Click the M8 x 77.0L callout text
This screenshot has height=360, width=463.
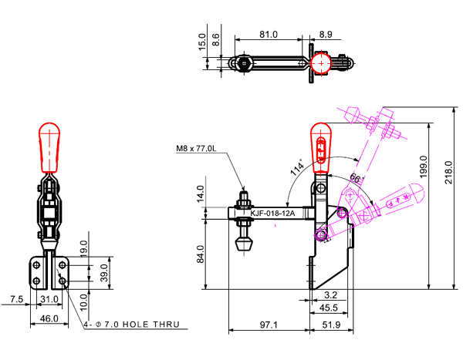point(198,149)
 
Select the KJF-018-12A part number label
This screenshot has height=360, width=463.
point(273,213)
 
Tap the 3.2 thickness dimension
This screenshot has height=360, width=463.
point(330,294)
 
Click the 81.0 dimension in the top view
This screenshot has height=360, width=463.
point(269,35)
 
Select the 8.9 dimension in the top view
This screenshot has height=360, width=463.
point(325,35)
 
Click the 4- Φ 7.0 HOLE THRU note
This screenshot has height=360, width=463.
point(132,325)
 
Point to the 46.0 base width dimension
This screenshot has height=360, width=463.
point(49,318)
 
